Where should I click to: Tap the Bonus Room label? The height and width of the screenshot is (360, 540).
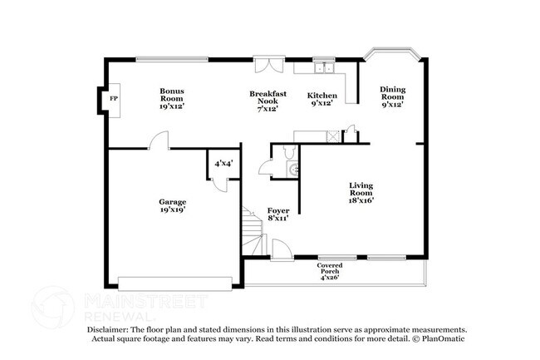[172, 98]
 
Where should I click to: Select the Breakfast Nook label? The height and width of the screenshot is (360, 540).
[267, 101]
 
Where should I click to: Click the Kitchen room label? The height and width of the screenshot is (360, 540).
[322, 99]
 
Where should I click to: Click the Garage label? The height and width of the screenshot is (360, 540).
[173, 205]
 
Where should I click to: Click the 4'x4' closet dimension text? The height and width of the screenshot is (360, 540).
[223, 164]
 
